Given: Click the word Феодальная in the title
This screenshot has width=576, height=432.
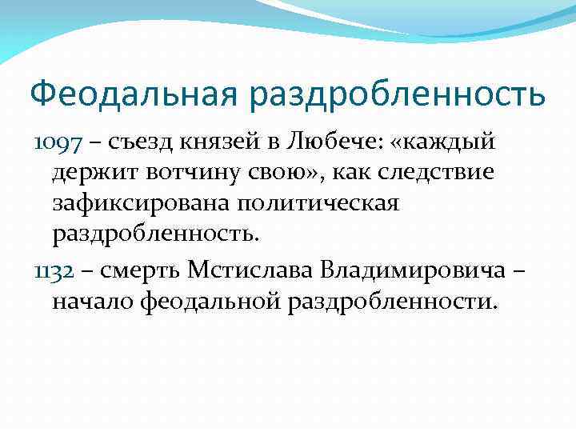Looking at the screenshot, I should (x=133, y=94).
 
